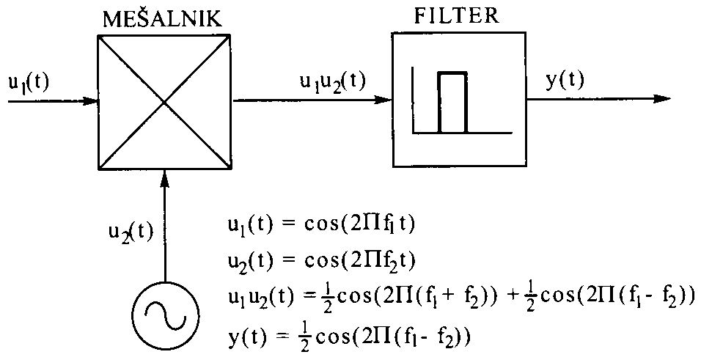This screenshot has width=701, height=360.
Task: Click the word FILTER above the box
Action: coord(457,16)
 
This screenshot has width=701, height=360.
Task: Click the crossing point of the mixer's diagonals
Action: coord(165,102)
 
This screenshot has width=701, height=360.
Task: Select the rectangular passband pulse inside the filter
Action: coord(453,102)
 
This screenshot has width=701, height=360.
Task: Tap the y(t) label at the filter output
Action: coord(565,81)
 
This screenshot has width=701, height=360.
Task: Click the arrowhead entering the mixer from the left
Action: coord(92,101)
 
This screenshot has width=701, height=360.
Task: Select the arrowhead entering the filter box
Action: coord(384,99)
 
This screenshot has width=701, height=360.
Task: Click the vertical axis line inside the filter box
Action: coord(414,100)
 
